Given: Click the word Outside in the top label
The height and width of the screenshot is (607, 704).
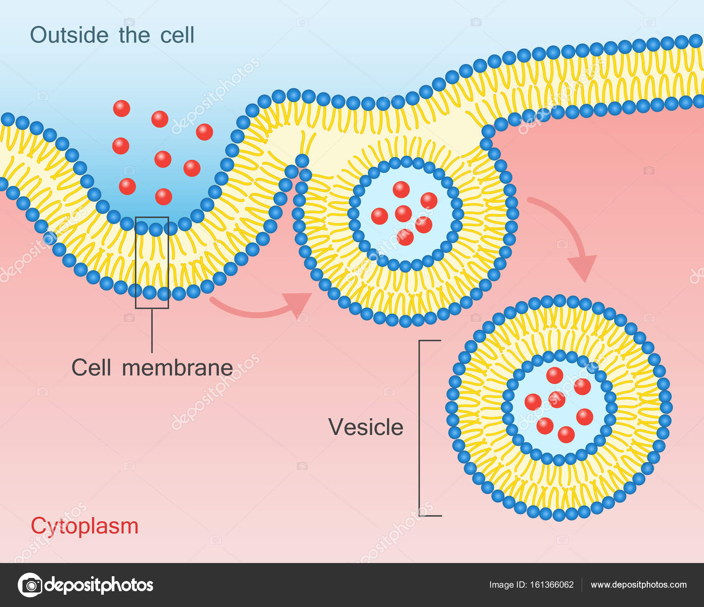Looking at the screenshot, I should click(69, 35).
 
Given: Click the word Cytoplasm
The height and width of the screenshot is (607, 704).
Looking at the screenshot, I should click(84, 526).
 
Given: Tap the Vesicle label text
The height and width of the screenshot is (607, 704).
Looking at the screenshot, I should click(366, 427).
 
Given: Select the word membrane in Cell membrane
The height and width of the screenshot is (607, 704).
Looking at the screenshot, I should click(177, 368).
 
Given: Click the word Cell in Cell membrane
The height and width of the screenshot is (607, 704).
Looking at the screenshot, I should click(91, 368).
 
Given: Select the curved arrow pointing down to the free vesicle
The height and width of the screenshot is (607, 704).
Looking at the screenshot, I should click(568, 233).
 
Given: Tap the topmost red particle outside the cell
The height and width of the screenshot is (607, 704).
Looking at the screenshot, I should click(121, 108).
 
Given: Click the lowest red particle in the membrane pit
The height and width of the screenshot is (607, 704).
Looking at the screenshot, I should click(164, 197).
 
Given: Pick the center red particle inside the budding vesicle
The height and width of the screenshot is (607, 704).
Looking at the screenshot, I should click(403, 214).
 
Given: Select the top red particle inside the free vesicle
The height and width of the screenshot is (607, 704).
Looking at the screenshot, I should click(554, 375).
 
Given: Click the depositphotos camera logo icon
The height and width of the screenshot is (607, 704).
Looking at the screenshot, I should click(30, 585).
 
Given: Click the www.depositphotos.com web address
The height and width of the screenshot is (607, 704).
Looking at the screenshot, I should click(638, 585).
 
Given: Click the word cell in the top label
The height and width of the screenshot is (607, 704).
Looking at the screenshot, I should click(177, 35).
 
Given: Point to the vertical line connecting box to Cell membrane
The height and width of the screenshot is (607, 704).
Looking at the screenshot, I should click(152, 330).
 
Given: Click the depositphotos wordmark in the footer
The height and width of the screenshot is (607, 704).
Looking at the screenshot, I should click(99, 585).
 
